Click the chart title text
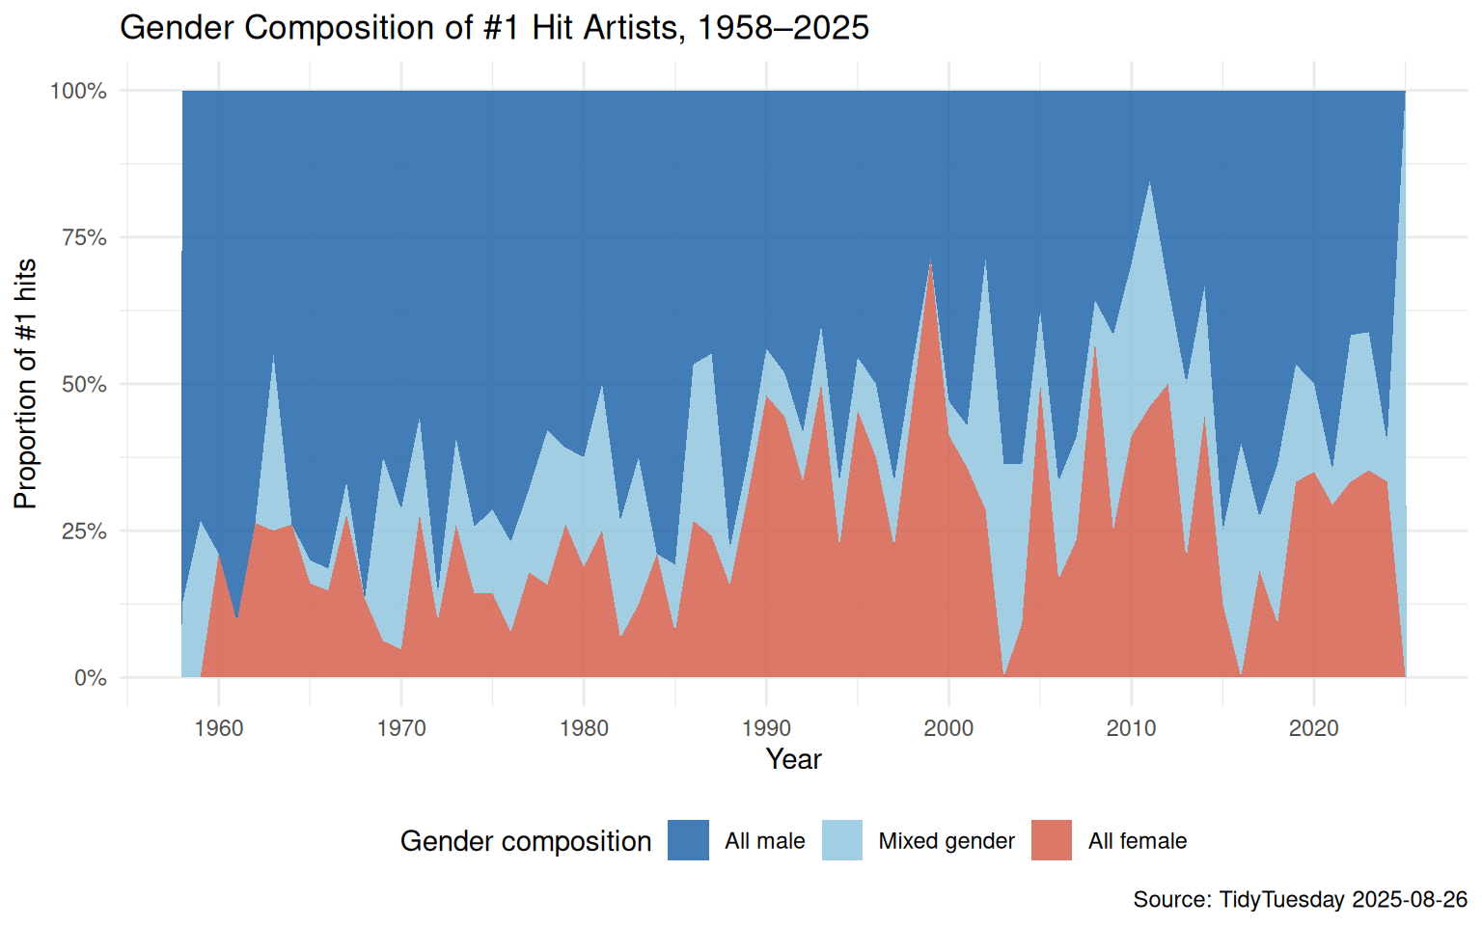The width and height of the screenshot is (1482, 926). coord(494,27)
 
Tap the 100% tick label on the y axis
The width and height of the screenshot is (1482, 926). coord(78,91)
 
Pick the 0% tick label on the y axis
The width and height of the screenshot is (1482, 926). coord(90,678)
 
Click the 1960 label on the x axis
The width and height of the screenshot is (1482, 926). coord(219,728)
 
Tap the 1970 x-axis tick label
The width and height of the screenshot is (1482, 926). coord(401,728)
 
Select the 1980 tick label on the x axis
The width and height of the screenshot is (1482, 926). coord(584,728)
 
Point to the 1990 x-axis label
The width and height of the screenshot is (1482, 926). coord(766,728)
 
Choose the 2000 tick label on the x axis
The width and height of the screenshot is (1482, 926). coord(948,728)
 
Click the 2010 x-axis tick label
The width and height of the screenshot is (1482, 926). coord(1131,728)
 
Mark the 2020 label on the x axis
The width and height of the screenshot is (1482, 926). coord(1313,728)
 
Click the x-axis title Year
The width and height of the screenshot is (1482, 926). coord(793,759)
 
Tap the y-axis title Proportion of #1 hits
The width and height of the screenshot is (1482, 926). coord(25,384)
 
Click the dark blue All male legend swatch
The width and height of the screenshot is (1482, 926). coord(688,840)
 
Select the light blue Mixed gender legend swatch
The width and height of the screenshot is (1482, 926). coord(841,840)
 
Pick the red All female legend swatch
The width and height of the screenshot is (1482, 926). coord(1051,840)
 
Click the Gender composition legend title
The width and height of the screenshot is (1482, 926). coord(526,841)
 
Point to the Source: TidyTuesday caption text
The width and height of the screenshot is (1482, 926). coord(1300,899)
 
